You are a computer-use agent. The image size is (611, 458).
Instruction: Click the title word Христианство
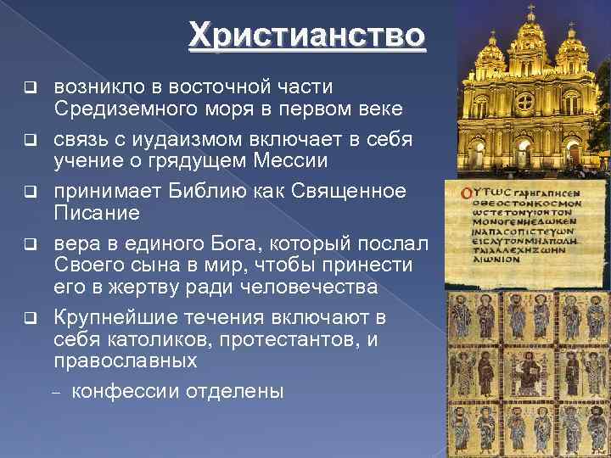(305, 36)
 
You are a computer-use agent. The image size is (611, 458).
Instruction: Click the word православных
(126, 360)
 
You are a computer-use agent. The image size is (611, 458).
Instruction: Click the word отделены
(242, 391)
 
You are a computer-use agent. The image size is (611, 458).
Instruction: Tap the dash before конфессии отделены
(59, 392)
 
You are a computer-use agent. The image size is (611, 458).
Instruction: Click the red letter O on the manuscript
(465, 193)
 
